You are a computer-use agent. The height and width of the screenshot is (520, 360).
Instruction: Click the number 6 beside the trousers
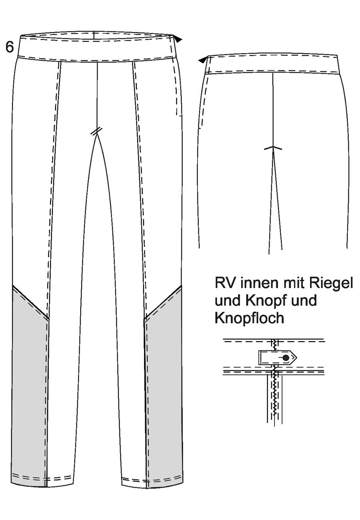pos(10,47)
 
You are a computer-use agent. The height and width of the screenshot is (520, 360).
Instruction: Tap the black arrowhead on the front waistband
pos(178,40)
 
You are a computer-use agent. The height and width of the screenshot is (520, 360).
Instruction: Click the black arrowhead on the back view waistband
pos(202,60)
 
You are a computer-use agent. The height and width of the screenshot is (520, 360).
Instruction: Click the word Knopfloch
pos(249,318)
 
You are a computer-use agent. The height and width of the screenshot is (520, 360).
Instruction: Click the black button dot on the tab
pos(286,358)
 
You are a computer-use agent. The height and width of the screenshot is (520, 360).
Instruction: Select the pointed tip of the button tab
pos(297,358)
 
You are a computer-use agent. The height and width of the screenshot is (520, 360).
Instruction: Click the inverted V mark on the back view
pos(273,148)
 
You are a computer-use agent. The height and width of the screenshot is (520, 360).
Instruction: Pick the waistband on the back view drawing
pos(273,64)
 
